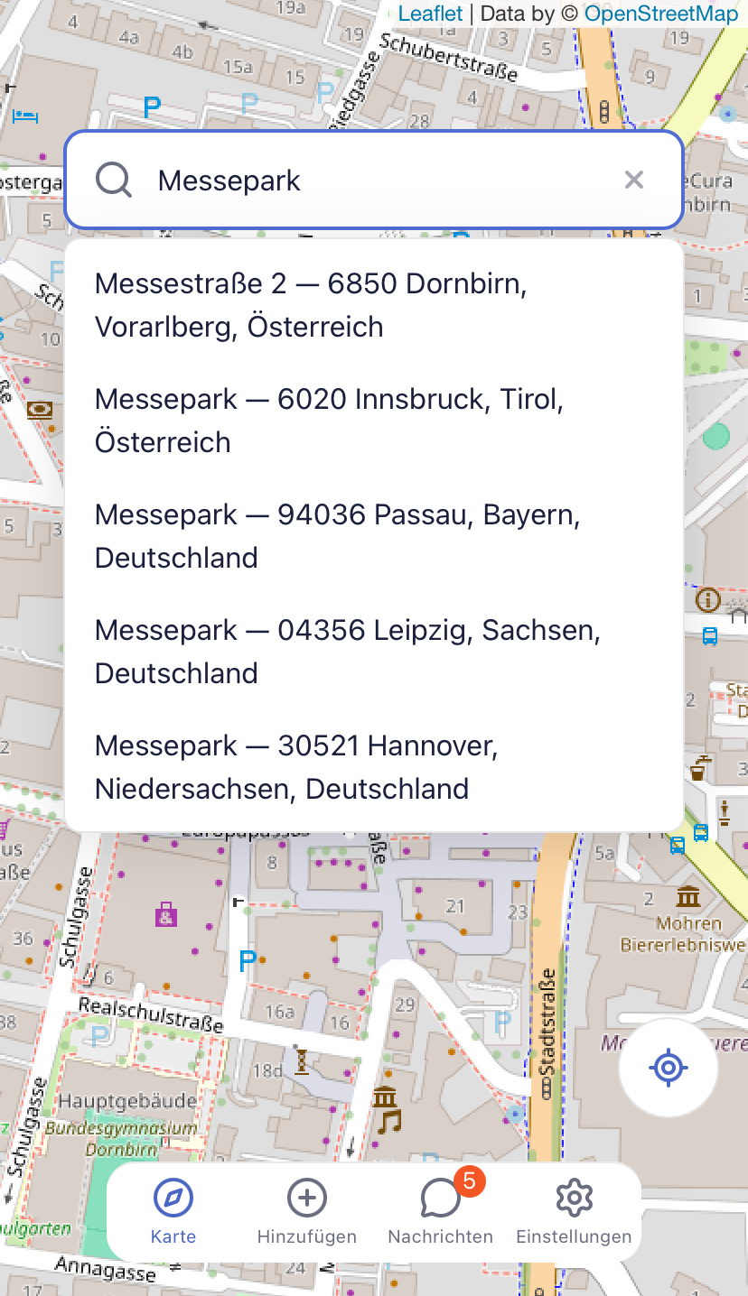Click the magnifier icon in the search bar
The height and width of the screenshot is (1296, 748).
[x=115, y=181]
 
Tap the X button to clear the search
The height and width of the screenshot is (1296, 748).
[x=634, y=181]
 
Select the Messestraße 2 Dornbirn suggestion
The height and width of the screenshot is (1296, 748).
[x=311, y=305]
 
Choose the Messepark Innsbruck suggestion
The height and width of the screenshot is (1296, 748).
[x=329, y=421]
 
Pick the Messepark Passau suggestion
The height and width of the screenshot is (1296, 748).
[x=337, y=536]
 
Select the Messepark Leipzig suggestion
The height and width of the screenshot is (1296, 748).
[x=347, y=652]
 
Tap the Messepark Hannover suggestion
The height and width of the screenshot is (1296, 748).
[x=296, y=767]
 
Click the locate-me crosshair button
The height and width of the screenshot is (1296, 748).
[x=669, y=1069]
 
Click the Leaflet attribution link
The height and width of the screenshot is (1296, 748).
[x=430, y=14]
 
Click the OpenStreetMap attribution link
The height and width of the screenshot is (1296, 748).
[x=660, y=14]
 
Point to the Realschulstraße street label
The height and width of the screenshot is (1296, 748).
[x=151, y=1015]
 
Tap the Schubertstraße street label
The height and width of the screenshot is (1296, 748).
[x=449, y=56]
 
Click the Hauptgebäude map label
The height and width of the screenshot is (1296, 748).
[x=127, y=1101]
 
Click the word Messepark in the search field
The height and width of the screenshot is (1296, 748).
[x=229, y=181]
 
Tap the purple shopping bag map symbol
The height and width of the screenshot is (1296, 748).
[x=166, y=914]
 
